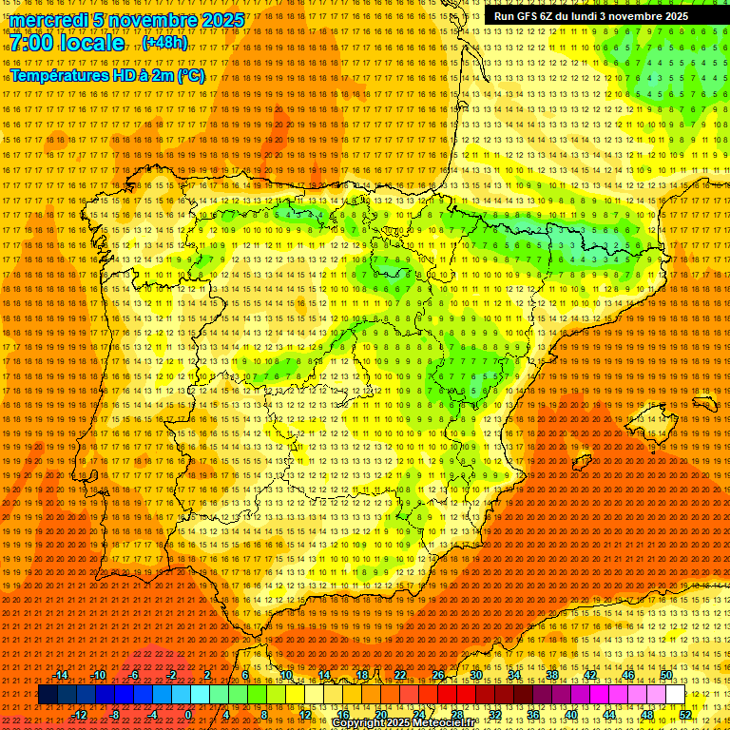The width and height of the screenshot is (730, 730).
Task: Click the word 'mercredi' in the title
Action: [48, 20]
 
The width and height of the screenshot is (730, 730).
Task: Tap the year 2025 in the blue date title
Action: [216, 20]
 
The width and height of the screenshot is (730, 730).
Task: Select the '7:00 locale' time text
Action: [67, 44]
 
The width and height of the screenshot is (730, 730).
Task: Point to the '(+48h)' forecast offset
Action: [164, 43]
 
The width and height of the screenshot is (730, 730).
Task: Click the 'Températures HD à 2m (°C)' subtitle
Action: [107, 75]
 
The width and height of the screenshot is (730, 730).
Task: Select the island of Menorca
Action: [704, 403]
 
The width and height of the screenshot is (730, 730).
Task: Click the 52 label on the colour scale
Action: [685, 715]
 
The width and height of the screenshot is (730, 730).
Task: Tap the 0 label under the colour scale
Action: [189, 715]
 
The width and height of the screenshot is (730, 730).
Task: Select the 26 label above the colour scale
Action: [438, 675]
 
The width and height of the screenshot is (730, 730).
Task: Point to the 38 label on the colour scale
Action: [551, 675]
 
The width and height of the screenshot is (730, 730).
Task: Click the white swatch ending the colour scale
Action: [676, 695]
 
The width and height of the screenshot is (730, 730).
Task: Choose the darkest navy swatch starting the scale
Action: [48, 695]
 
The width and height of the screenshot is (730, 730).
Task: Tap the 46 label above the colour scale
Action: [628, 675]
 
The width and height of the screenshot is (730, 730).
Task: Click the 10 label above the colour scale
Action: [285, 675]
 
